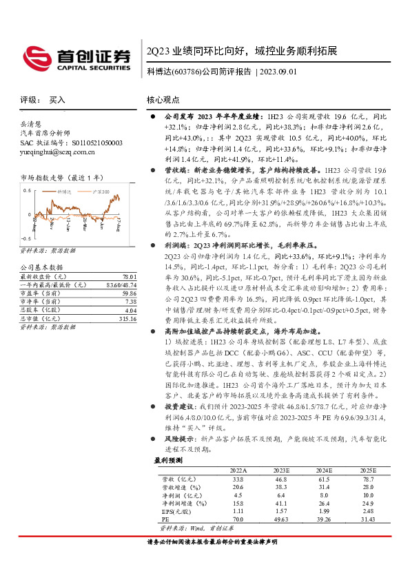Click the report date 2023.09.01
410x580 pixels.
[x=280, y=72]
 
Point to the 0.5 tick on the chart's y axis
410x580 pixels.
[x=26, y=189]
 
